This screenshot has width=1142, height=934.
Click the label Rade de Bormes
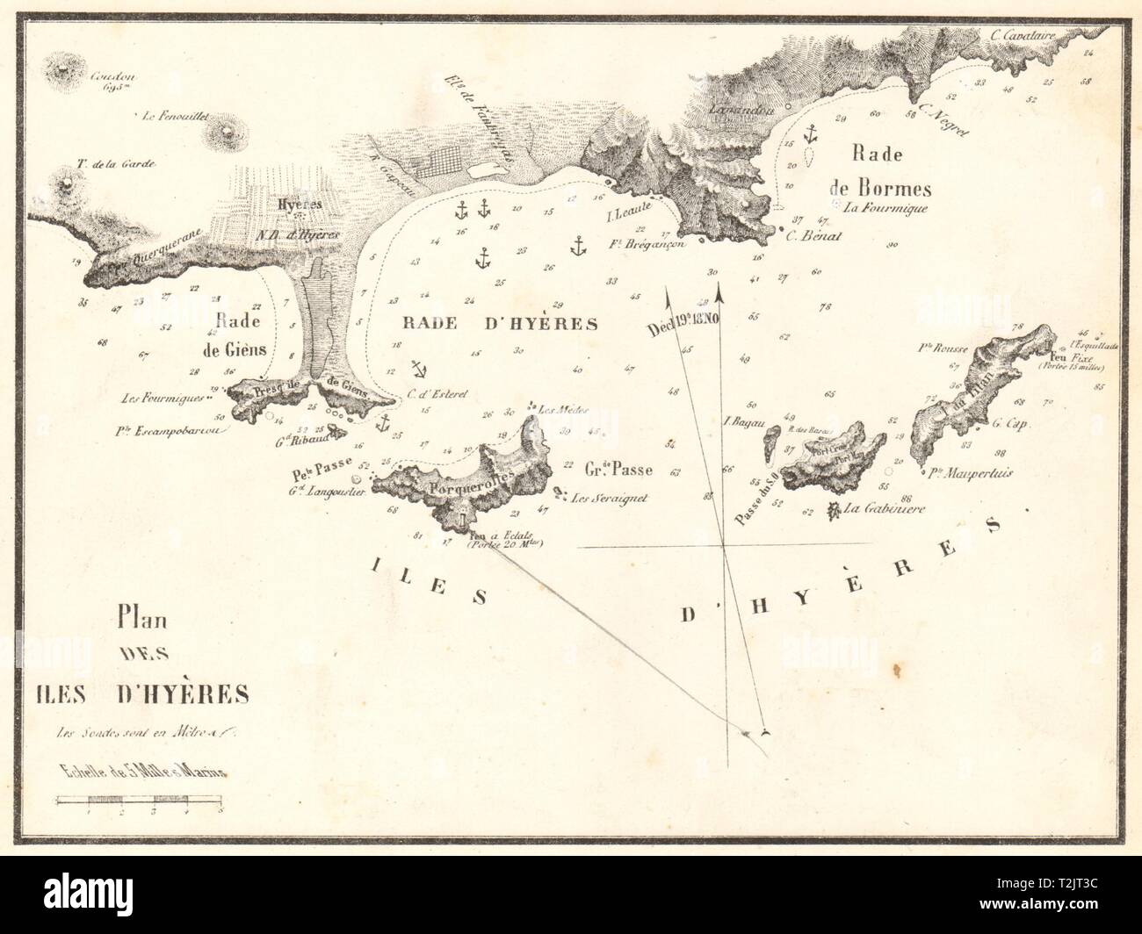(890, 170)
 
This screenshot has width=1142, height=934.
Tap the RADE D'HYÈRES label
(500, 323)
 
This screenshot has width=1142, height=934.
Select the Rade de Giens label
(240, 336)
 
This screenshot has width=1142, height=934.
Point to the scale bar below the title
(141, 800)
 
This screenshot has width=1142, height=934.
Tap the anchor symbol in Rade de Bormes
(811, 134)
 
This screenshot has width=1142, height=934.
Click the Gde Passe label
(619, 468)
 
